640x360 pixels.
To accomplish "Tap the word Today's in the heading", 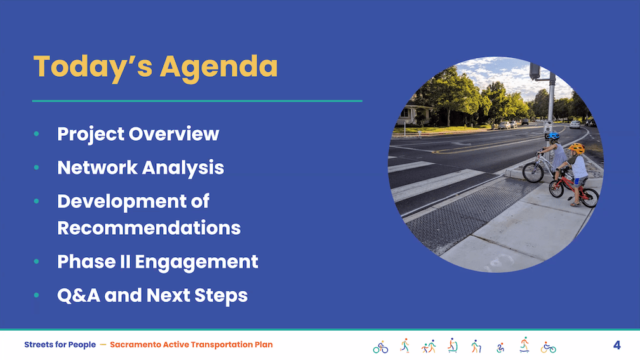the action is pyautogui.click(x=93, y=67).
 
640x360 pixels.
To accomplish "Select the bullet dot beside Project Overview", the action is pyautogui.click(x=36, y=133).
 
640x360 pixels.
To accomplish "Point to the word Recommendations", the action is pyautogui.click(x=149, y=228).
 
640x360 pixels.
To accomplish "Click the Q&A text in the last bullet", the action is pyautogui.click(x=78, y=295).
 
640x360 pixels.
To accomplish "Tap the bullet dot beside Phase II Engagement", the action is pyautogui.click(x=36, y=261).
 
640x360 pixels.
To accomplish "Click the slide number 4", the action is pyautogui.click(x=617, y=345).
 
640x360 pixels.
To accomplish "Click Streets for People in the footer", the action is pyautogui.click(x=60, y=345).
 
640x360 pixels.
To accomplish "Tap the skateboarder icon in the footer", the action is pyautogui.click(x=524, y=345).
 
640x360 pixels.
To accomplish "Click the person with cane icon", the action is pyautogui.click(x=476, y=346).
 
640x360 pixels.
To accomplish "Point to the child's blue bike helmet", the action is pyautogui.click(x=553, y=136).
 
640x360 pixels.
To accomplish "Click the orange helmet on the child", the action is pyautogui.click(x=577, y=148).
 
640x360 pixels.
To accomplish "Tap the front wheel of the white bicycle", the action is pyautogui.click(x=533, y=172).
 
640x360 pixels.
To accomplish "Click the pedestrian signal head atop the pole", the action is pyautogui.click(x=535, y=71).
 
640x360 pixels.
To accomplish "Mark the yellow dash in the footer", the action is pyautogui.click(x=103, y=345).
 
